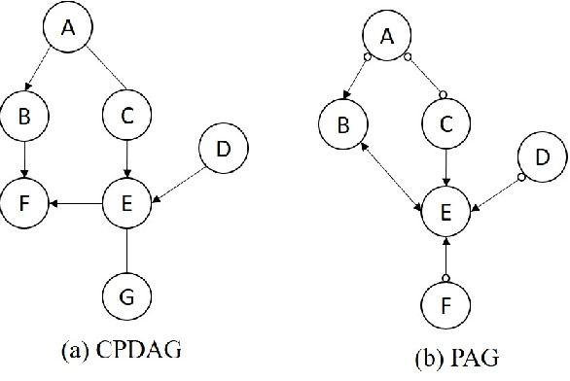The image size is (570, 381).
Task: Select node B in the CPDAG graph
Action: coord(25,117)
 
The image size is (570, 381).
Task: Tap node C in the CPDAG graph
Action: coord(127,117)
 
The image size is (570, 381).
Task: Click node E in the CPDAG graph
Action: coord(127,205)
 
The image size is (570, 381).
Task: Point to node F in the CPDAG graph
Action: coord(25,205)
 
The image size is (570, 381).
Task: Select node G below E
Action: coord(127,293)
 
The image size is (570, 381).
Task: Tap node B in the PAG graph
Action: coord(342,125)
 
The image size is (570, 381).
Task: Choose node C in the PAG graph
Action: coord(445,125)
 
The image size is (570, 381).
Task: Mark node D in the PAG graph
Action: coord(541,158)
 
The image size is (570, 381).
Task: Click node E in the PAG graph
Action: coord(445,211)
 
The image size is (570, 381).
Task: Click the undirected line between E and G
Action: coord(127,249)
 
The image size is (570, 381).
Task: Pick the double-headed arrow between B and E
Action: coord(394,168)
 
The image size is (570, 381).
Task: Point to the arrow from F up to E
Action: coord(445,257)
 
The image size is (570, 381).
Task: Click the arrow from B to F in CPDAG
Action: coord(25,160)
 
